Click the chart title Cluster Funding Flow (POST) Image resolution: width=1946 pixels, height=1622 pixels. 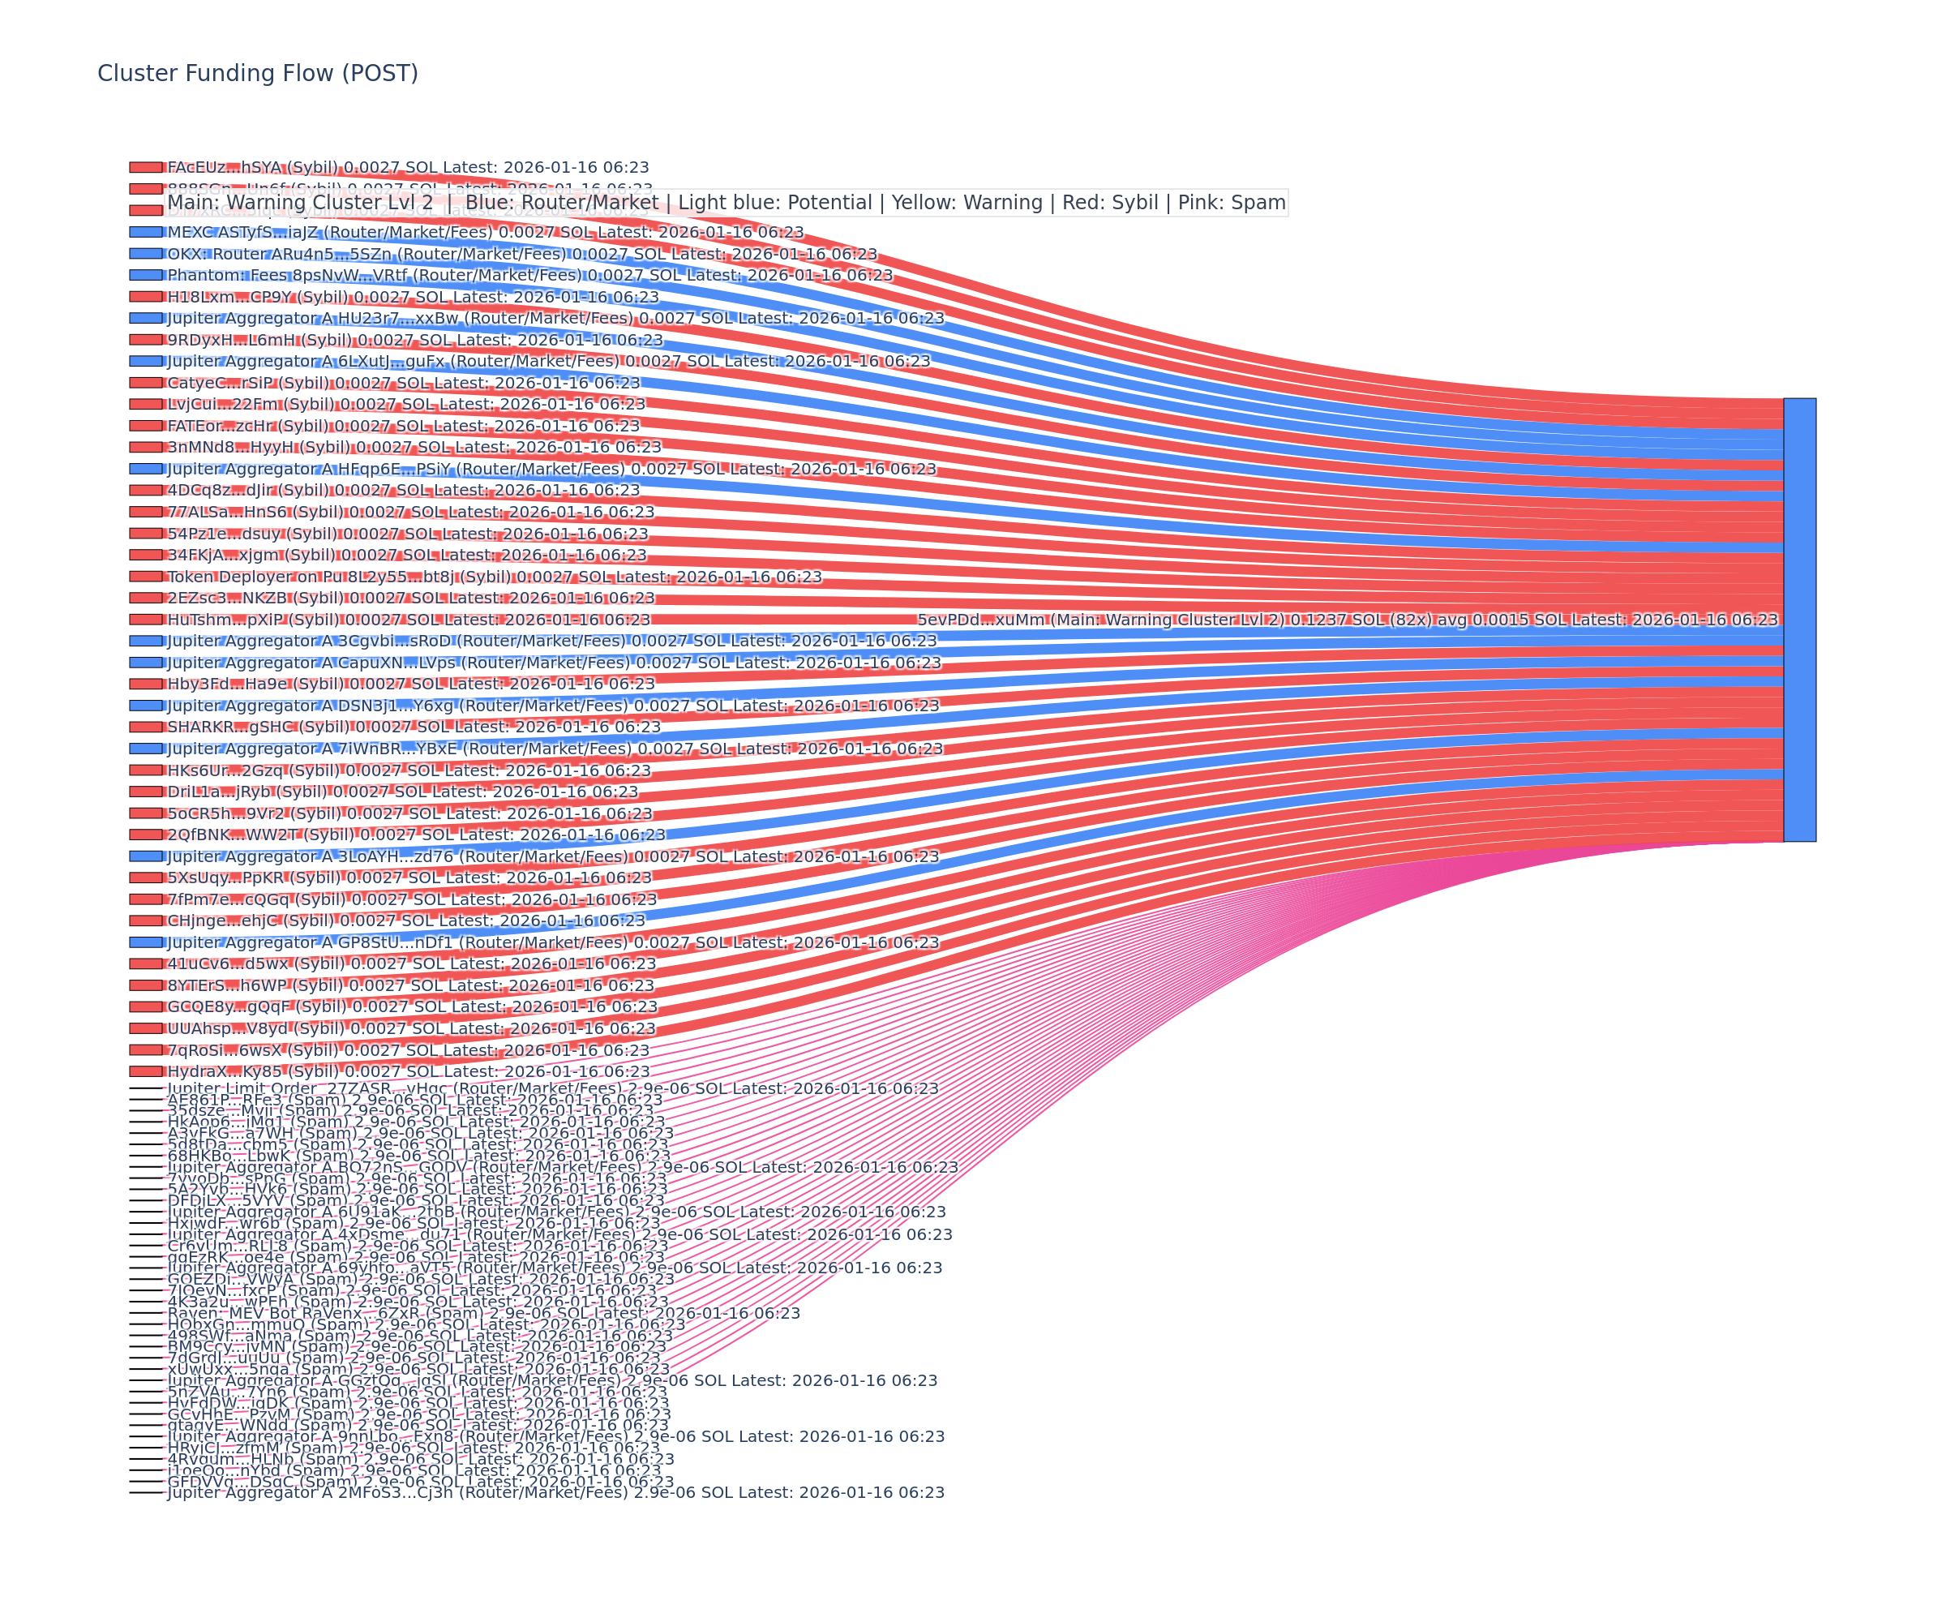tap(258, 73)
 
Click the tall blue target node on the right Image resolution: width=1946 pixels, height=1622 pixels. tap(1799, 620)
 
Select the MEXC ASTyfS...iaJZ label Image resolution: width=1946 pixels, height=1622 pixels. tap(485, 233)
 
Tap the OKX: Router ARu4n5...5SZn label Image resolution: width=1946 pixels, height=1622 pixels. tap(521, 254)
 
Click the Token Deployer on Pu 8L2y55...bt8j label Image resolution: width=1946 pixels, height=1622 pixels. tap(494, 577)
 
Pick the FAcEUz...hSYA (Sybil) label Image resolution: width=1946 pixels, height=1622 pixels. tap(408, 168)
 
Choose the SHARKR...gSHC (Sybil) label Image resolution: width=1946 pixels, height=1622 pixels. tap(414, 727)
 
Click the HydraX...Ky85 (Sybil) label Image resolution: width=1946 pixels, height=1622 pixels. tap(408, 1071)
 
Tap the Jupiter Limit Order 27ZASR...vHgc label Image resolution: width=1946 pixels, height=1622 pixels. tap(552, 1088)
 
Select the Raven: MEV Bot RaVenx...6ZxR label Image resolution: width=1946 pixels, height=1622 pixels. tap(482, 1312)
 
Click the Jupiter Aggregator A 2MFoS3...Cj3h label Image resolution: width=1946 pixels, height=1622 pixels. tap(555, 1492)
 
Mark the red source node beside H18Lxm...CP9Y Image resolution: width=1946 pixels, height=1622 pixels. tap(145, 297)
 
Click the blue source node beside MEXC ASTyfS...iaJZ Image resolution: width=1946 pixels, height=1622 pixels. tap(145, 232)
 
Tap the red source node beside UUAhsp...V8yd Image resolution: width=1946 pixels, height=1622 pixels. tap(145, 1028)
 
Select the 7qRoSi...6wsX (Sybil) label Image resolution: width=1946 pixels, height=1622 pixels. tap(408, 1050)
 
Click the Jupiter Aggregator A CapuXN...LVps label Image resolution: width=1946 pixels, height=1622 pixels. tap(553, 663)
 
